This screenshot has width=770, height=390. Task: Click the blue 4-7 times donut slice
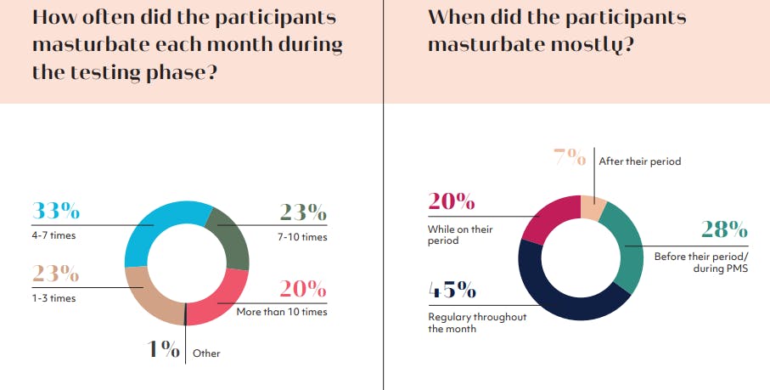149,229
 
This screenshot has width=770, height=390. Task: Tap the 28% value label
723,229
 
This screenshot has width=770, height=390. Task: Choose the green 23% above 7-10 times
303,212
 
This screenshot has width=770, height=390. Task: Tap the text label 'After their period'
640,161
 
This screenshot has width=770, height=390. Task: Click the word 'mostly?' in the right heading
587,45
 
